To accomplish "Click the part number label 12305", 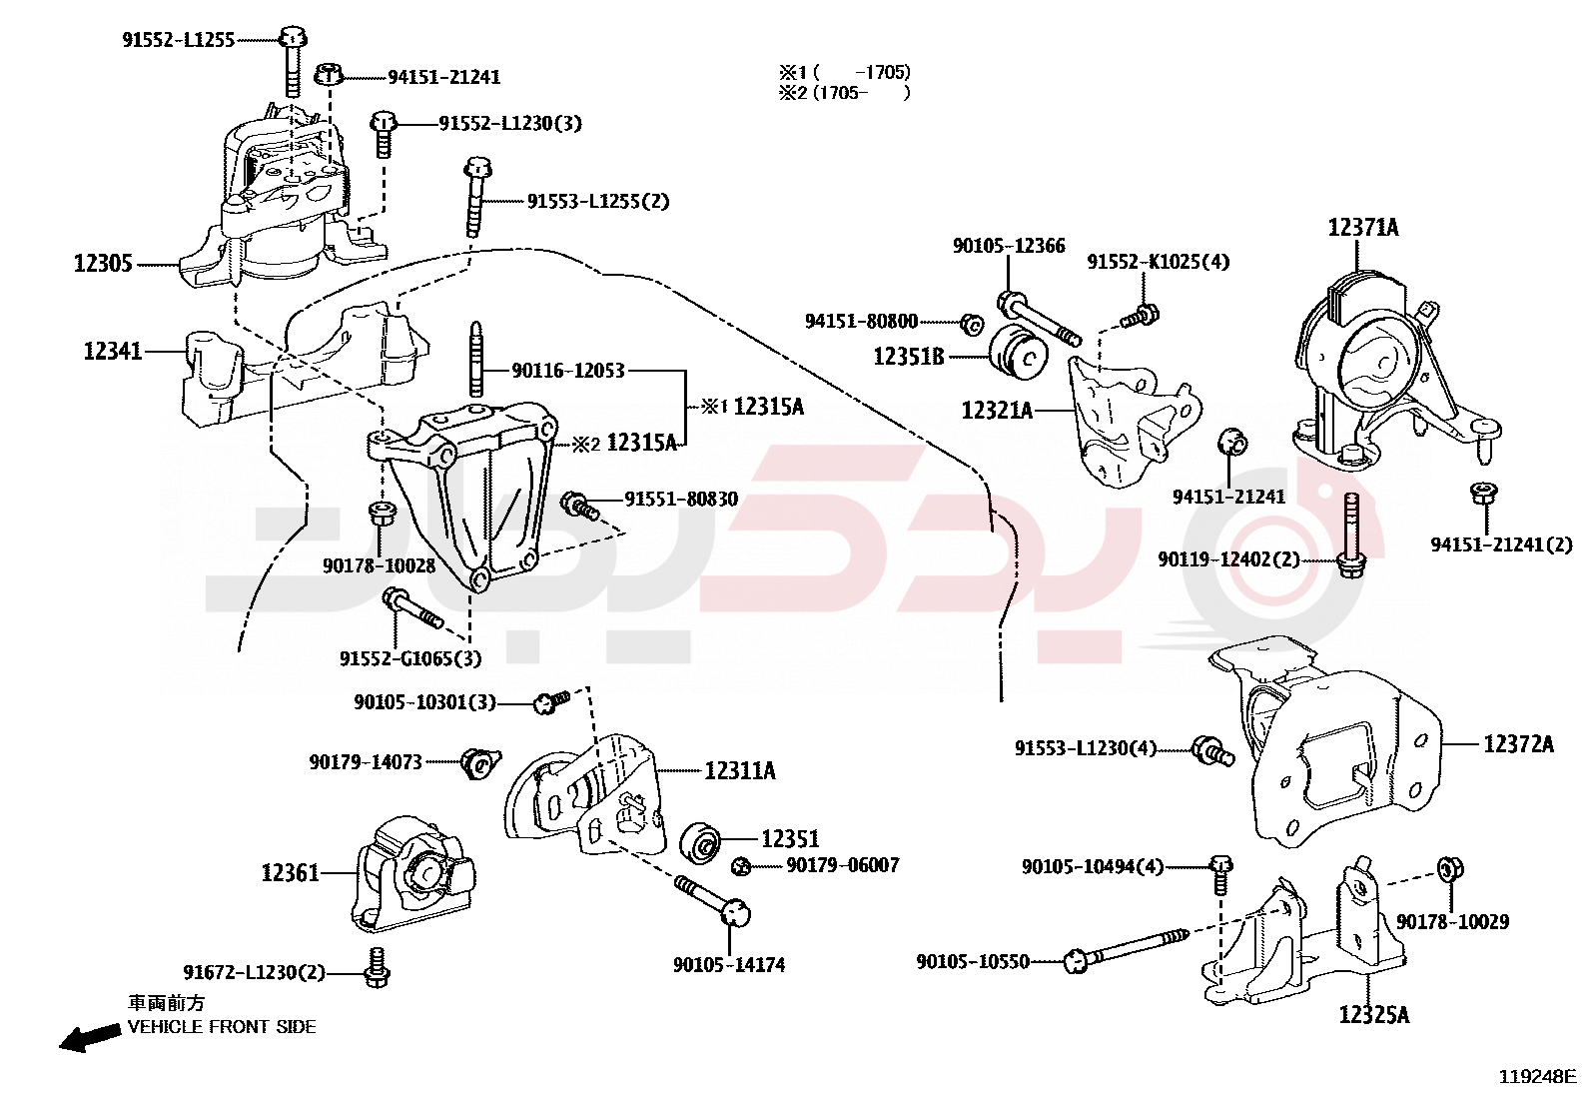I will pos(103,264).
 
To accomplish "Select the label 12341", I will pos(112,351).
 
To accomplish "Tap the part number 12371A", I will pos(1362,228).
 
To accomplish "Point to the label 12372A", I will pos(1518,743).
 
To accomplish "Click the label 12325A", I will pos(1373,1015).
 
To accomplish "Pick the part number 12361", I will pos(290,873).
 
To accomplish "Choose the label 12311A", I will pos(739,770).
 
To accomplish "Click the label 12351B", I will pos(908,357).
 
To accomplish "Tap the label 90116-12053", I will pos(567,371).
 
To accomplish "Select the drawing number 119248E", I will pos(1536,1077).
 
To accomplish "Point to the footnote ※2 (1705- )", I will pos(844,93).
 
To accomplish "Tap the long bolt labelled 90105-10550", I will pos(1129,948).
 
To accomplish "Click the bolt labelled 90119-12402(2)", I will pos(1351,535).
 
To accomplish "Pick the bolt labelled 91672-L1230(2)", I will pos(377,967).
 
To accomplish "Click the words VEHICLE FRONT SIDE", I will pos(222,1027).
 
